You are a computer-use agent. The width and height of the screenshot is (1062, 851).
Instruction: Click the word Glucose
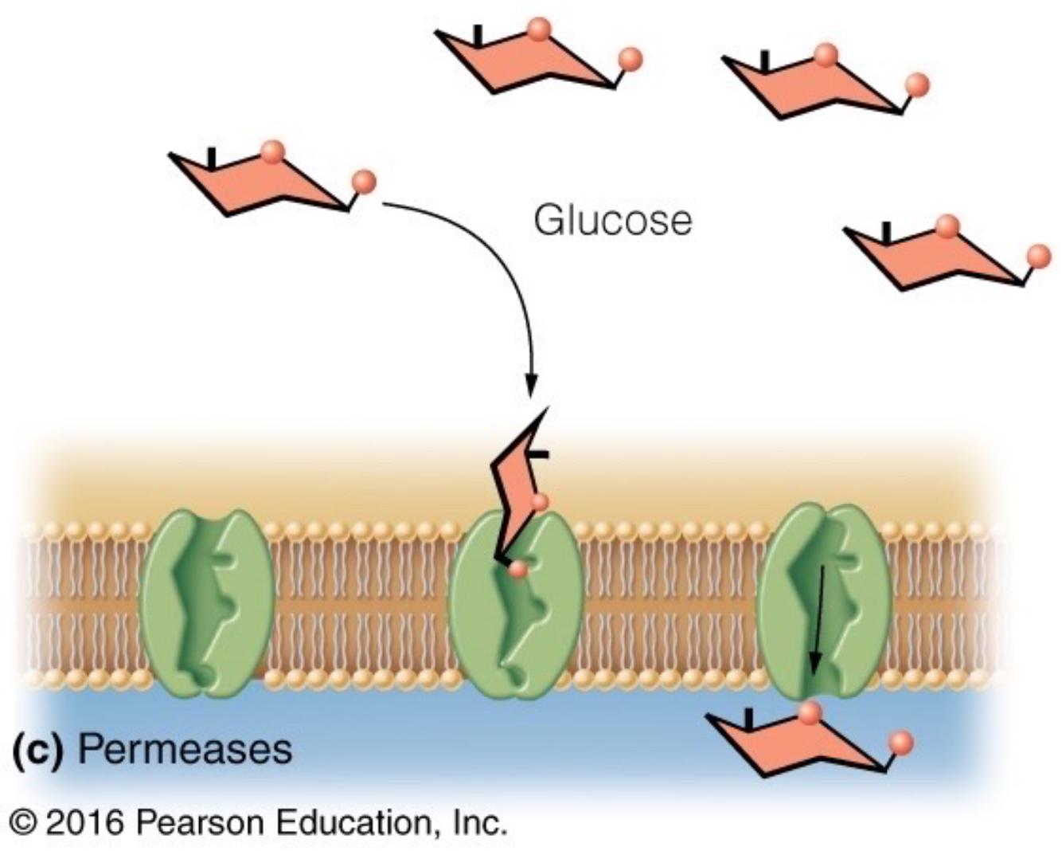(613, 220)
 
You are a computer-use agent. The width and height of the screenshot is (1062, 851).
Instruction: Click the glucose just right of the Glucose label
(939, 255)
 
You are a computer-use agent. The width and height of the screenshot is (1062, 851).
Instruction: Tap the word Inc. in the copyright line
(480, 822)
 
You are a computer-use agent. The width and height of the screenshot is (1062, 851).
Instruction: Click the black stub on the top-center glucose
(478, 36)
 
